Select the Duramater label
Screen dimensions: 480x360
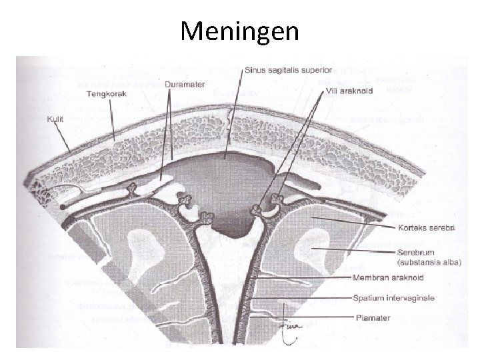184,85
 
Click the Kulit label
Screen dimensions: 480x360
55,120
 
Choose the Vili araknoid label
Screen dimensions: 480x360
349,90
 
